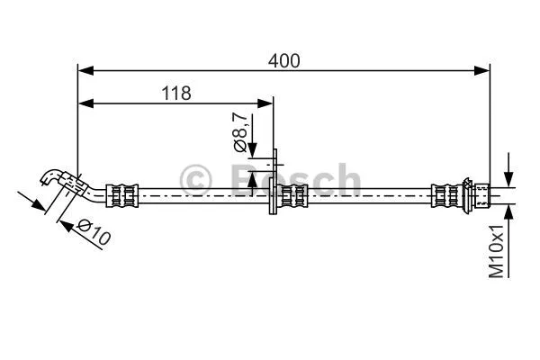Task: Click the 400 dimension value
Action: point(283,60)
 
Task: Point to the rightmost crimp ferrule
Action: point(445,194)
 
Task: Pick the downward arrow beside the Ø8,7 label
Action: point(253,148)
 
